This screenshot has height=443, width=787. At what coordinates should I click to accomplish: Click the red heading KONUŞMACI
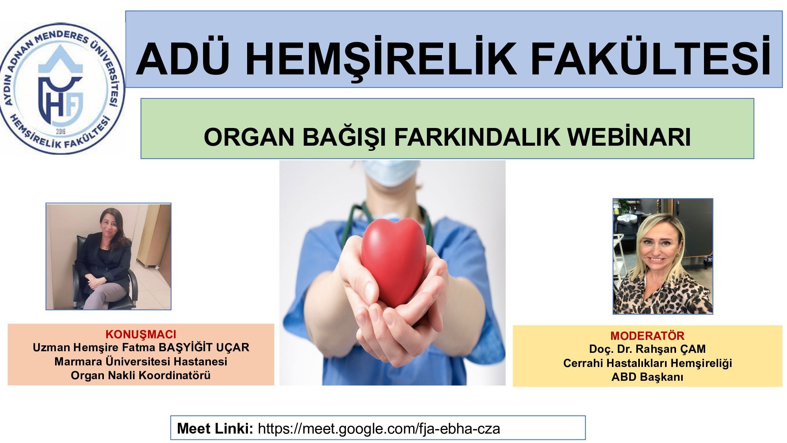(x=141, y=335)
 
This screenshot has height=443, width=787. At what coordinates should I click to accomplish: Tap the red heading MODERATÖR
(x=647, y=336)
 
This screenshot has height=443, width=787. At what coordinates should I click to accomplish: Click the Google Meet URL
(x=379, y=428)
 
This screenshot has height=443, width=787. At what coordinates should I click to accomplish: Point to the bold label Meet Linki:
(x=215, y=428)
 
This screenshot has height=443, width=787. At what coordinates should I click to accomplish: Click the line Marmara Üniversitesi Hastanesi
(x=141, y=361)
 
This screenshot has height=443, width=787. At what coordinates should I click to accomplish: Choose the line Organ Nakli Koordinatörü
(x=141, y=375)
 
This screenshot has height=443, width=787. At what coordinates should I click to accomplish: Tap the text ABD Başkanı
(x=647, y=377)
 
